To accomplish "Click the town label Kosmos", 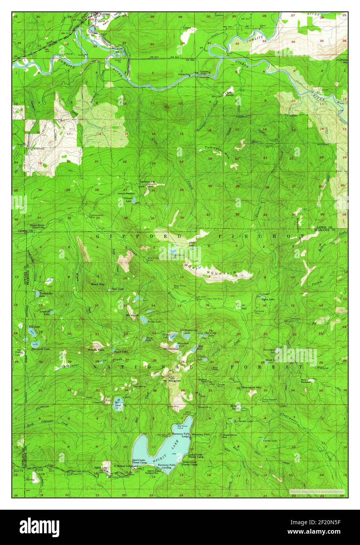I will [100, 14].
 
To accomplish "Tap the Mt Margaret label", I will [172, 381].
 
